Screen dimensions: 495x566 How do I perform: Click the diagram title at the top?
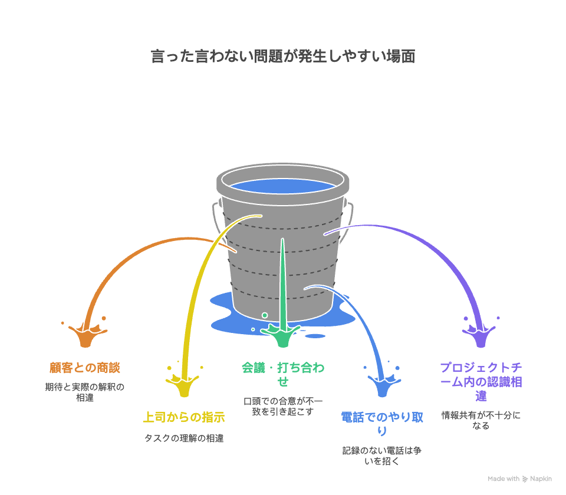pyautogui.click(x=283, y=57)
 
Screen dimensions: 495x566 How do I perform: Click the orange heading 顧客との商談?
pyautogui.click(x=85, y=368)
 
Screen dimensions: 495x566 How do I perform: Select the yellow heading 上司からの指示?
pyautogui.click(x=184, y=417)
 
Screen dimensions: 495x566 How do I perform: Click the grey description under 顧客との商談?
pyautogui.click(x=85, y=392)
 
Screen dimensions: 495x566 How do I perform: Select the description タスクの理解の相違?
pyautogui.click(x=184, y=438)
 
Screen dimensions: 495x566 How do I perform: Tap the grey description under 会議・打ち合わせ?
pyautogui.click(x=283, y=407)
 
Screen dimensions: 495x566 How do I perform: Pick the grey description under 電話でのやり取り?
pyautogui.click(x=382, y=456)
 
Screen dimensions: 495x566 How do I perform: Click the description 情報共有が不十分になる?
pyautogui.click(x=481, y=420)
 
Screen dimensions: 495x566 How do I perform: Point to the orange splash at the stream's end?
pyautogui.click(x=85, y=336)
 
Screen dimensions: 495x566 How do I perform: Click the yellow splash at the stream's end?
pyautogui.click(x=185, y=386)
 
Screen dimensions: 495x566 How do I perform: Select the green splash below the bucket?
pyautogui.click(x=283, y=336)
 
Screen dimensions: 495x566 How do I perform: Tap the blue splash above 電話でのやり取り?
pyautogui.click(x=382, y=386)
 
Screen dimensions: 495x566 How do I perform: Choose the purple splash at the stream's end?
pyautogui.click(x=481, y=336)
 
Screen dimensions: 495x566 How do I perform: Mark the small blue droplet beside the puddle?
pyautogui.click(x=315, y=336)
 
